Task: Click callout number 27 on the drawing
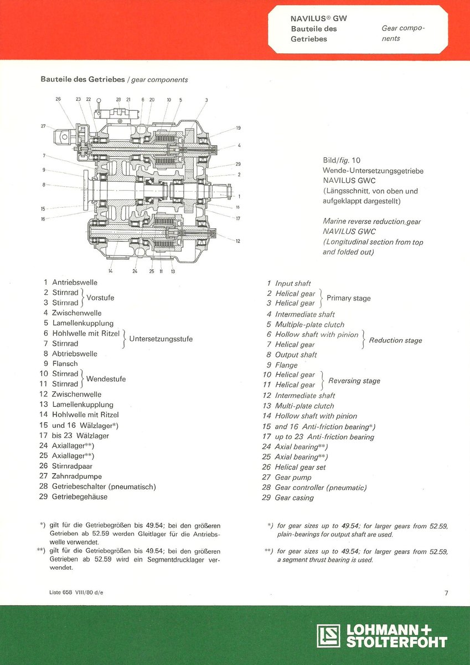click(x=43, y=126)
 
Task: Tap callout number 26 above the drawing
click(x=58, y=99)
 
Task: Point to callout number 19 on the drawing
click(x=238, y=128)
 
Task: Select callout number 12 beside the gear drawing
click(x=237, y=241)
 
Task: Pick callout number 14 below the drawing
click(x=110, y=271)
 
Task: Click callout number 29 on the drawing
click(x=238, y=165)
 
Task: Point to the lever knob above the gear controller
click(x=99, y=101)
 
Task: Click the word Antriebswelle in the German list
click(x=75, y=283)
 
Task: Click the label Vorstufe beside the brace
click(x=100, y=298)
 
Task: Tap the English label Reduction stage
click(x=395, y=340)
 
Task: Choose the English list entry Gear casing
click(x=294, y=498)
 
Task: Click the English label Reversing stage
click(x=354, y=381)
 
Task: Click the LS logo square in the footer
click(x=328, y=636)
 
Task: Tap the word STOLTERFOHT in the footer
click(x=396, y=642)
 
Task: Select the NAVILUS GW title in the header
click(x=319, y=18)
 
